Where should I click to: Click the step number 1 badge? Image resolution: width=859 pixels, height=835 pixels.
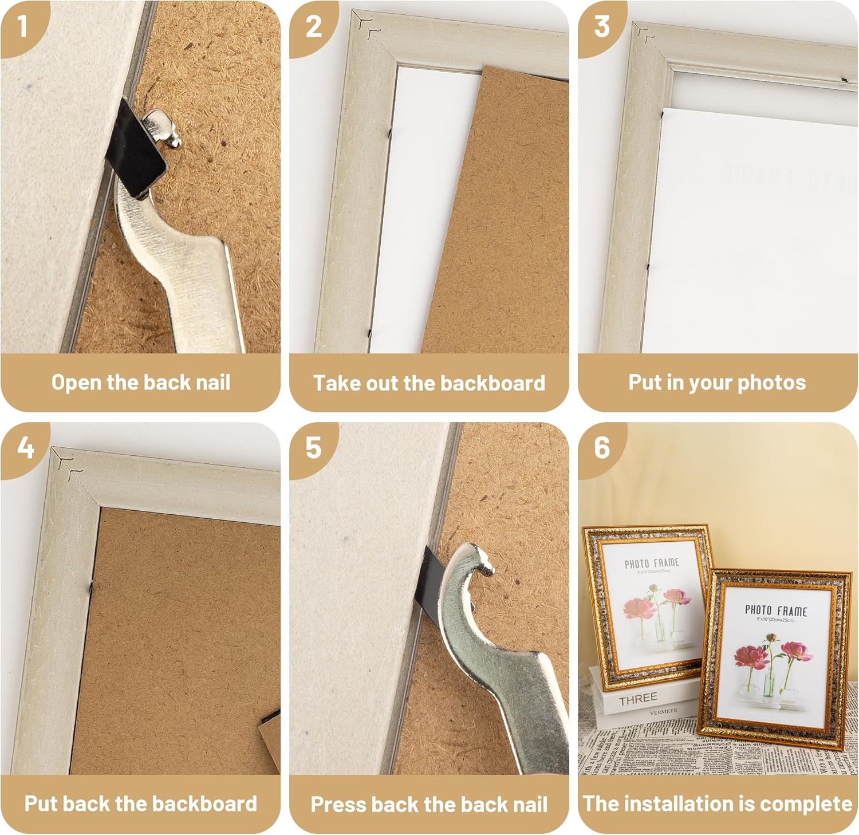[x=22, y=26]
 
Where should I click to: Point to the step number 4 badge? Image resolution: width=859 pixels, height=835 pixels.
[x=25, y=447]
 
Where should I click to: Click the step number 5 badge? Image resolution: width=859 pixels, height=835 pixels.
[x=313, y=448]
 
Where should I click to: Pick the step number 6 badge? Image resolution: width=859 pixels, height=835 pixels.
[x=601, y=448]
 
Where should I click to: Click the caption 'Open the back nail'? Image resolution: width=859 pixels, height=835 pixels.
[x=141, y=383]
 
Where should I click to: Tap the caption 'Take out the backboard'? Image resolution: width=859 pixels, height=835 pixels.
[x=429, y=383]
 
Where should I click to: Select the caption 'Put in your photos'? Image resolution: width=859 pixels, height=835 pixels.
[x=717, y=383]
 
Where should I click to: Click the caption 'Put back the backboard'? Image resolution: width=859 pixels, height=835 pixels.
[x=141, y=804]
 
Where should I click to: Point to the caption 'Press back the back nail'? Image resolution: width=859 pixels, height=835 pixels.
[x=429, y=804]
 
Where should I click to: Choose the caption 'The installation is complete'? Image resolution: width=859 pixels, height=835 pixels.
[x=717, y=804]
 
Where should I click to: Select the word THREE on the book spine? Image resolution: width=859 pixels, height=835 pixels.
[x=637, y=699]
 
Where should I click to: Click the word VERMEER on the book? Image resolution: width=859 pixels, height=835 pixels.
[x=663, y=711]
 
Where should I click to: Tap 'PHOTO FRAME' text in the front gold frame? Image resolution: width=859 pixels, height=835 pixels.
[x=775, y=611]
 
